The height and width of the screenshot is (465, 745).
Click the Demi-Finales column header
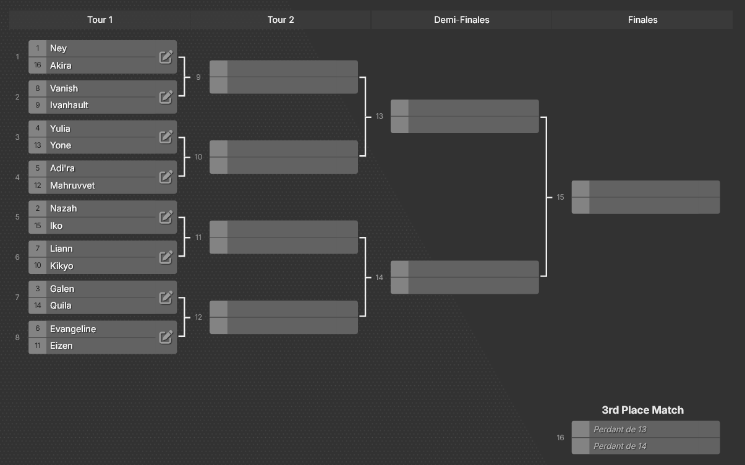coord(461,20)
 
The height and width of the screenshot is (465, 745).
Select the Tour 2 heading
coord(281,20)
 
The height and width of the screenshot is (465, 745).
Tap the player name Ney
coord(58,49)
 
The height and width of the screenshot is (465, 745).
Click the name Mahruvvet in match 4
coord(72,186)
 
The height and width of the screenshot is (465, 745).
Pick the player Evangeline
coord(73,329)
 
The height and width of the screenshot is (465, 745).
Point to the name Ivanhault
coord(69,105)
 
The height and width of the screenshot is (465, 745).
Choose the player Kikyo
coord(62,266)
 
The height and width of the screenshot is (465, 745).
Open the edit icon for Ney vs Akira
coord(166,57)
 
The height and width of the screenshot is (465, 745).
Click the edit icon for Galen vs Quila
coord(166,297)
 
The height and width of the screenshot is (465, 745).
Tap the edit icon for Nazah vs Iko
coord(166,217)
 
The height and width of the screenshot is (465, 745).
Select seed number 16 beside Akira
coord(38,65)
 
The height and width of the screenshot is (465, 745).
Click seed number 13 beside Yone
coord(38,145)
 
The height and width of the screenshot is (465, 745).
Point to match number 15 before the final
coord(560,197)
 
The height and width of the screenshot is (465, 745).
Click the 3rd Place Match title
coord(642,410)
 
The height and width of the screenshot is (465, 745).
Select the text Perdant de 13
coord(619,429)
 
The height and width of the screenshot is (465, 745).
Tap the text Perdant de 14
coord(619,446)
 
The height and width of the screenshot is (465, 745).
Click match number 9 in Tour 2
coord(198,77)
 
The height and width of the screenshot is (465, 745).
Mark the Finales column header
coord(642,20)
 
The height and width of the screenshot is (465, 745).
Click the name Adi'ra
coord(62,168)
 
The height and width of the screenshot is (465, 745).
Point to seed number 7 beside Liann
coord(38,249)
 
